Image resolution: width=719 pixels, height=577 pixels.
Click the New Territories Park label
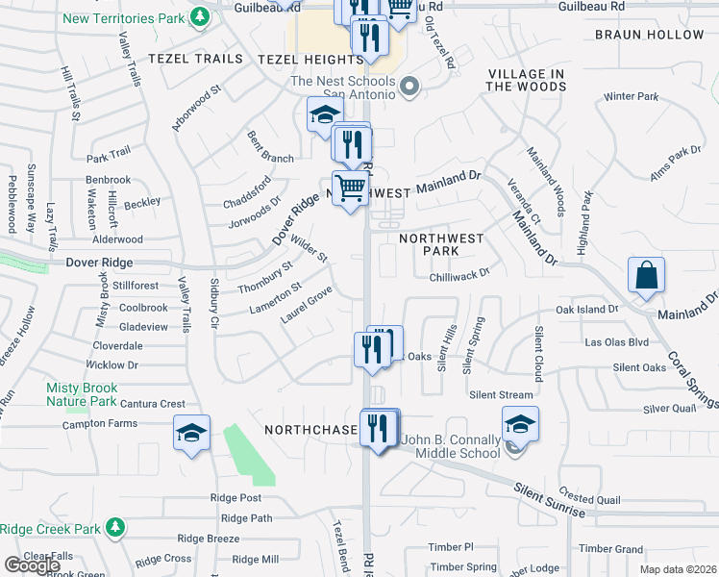(124, 18)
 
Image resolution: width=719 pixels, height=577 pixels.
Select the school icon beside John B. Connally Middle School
(520, 423)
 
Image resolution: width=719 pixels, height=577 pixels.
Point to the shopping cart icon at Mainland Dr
(351, 188)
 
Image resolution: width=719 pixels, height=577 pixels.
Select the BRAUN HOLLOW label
(649, 35)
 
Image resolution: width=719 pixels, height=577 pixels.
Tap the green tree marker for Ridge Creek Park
(115, 528)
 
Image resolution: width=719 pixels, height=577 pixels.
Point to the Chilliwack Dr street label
(459, 273)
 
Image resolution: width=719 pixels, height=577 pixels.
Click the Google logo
(32, 565)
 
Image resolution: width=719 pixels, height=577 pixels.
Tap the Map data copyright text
(677, 569)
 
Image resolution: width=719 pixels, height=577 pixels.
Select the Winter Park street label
(631, 96)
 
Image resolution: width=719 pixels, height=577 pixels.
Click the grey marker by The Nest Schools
(409, 88)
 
